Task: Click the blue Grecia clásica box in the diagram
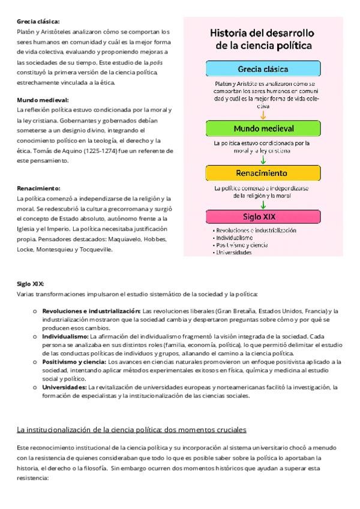263,68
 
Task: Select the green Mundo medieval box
263,128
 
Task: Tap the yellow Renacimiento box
263,173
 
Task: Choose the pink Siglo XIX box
263,216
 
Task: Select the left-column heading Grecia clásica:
38,21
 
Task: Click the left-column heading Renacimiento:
38,188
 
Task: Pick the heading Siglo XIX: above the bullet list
31,284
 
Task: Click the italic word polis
157,62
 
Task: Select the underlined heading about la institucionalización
131,430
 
